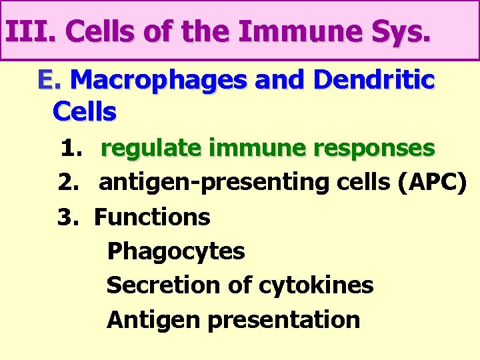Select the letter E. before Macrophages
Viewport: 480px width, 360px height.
point(49,80)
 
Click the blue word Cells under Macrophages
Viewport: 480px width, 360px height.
point(84,112)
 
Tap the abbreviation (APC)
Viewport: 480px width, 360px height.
point(432,183)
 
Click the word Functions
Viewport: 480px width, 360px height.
point(152,217)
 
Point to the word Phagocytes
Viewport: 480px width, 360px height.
point(176,251)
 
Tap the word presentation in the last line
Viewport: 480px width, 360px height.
point(285,320)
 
